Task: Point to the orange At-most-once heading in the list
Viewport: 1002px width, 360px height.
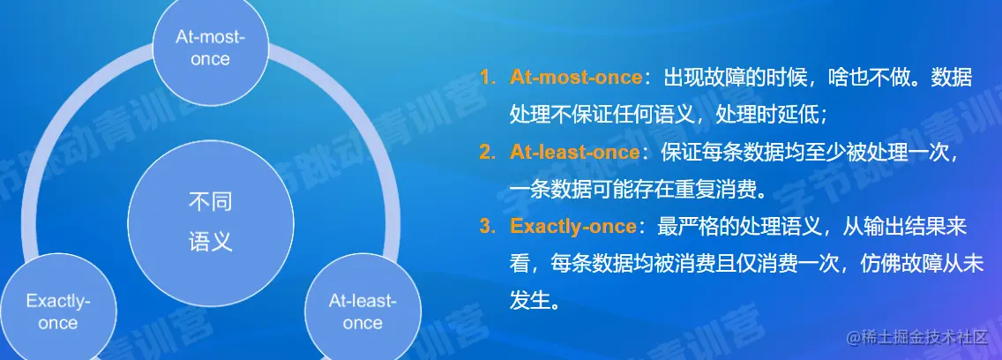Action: (x=575, y=78)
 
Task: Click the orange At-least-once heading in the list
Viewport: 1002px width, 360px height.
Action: (x=574, y=152)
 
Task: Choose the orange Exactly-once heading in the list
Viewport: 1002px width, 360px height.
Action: (x=573, y=226)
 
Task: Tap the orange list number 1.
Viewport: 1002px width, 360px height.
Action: (x=487, y=78)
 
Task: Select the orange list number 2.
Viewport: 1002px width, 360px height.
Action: (x=487, y=152)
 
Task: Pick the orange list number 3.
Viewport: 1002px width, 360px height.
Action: (x=487, y=226)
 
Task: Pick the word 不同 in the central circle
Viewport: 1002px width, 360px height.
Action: (x=210, y=202)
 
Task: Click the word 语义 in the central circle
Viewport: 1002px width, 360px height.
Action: (x=210, y=243)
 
